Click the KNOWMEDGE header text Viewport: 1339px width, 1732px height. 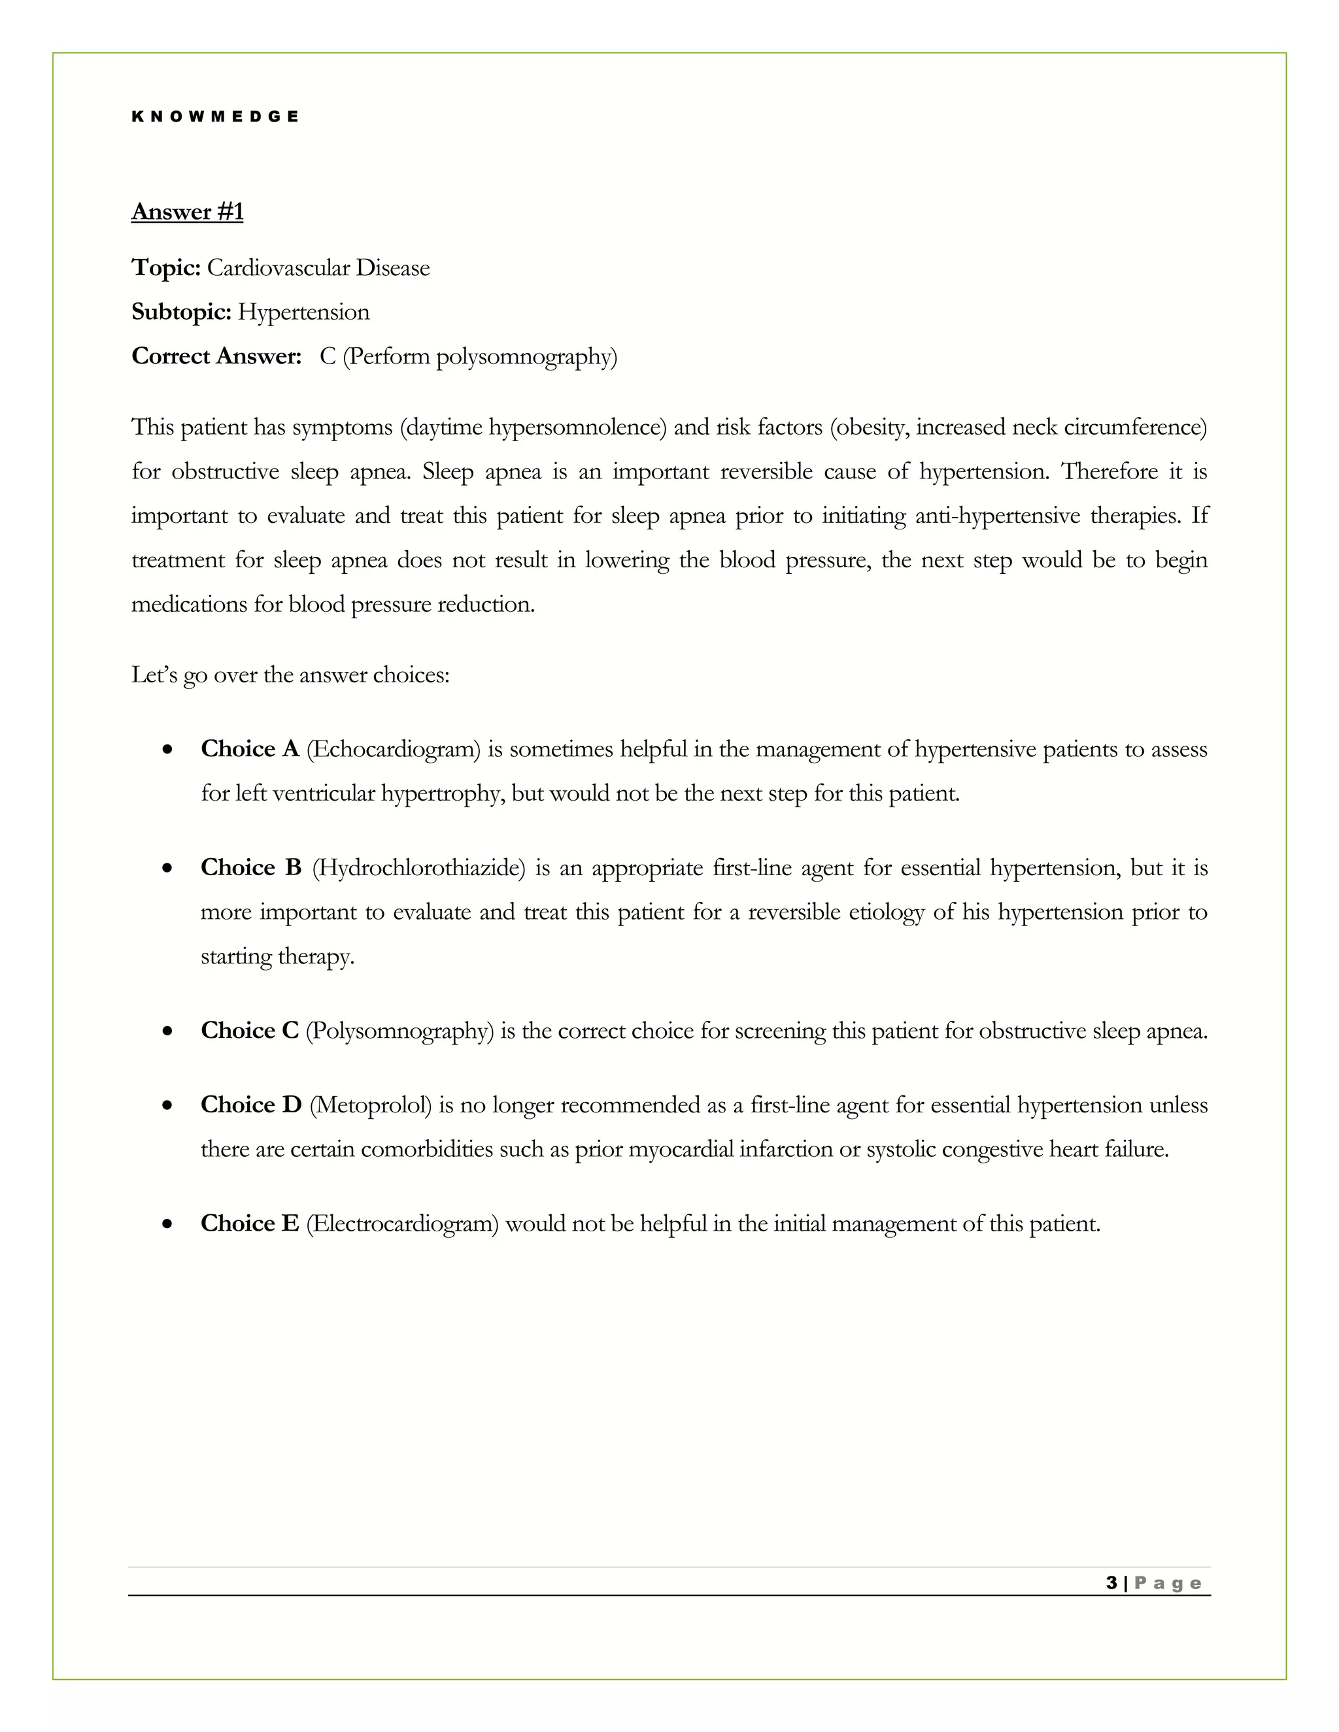click(215, 116)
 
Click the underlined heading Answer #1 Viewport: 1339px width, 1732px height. click(187, 212)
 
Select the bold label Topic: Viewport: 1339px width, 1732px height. click(166, 268)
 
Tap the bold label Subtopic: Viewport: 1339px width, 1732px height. click(181, 312)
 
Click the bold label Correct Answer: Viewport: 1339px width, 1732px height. click(216, 357)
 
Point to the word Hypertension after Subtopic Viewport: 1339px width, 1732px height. click(304, 312)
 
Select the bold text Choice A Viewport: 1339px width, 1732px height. click(249, 748)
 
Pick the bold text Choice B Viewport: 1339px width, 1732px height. click(250, 867)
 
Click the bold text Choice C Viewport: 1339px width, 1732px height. click(249, 1030)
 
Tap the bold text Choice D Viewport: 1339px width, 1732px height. click(250, 1105)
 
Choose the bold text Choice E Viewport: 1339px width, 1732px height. click(249, 1224)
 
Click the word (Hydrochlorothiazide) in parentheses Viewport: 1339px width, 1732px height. click(419, 867)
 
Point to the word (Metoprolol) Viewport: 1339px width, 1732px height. click(371, 1105)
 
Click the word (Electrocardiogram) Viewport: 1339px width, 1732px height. click(402, 1224)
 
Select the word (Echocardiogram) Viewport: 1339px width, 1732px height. click(394, 748)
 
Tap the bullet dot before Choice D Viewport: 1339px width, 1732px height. click(167, 1105)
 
